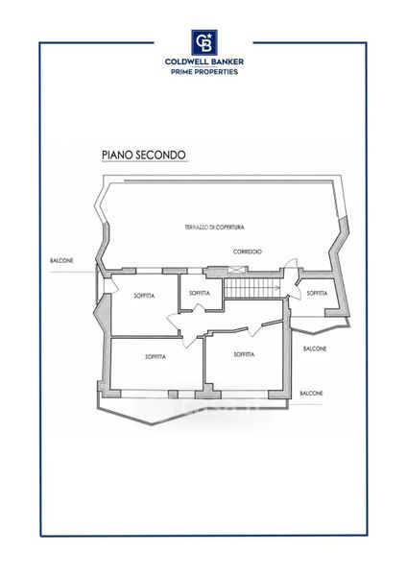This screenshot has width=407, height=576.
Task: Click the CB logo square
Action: [x=204, y=42]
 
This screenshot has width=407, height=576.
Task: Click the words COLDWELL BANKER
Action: [x=204, y=61]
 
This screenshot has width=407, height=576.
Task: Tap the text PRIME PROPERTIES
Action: [x=204, y=72]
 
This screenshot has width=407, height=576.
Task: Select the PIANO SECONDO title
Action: [x=144, y=155]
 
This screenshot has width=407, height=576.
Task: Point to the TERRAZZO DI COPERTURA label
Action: [x=214, y=228]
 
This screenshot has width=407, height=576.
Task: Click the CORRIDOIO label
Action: [x=248, y=252]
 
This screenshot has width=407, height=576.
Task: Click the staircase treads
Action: [x=252, y=288]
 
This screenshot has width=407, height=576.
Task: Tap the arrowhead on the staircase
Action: [x=277, y=288]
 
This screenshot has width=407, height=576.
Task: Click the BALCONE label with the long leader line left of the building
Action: [x=61, y=261]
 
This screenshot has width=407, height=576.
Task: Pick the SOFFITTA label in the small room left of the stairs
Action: [x=200, y=293]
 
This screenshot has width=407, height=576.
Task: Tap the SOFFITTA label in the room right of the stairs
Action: [x=317, y=293]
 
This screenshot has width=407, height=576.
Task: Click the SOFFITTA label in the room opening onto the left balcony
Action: [x=144, y=296]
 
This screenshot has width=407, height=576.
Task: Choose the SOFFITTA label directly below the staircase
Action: [x=244, y=354]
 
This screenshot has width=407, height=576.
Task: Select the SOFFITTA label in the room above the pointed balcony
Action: [x=156, y=357]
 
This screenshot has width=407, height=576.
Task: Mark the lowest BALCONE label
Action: [x=312, y=394]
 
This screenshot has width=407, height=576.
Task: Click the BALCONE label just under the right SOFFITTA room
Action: [x=315, y=348]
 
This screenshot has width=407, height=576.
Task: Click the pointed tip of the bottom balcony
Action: [x=152, y=425]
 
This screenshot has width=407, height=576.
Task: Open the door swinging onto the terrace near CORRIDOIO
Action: [x=291, y=265]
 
